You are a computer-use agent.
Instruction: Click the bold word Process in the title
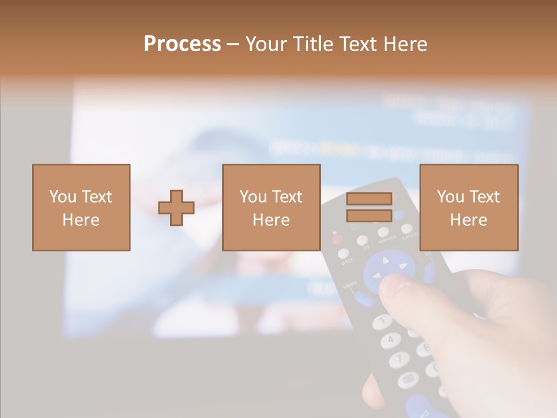(x=182, y=44)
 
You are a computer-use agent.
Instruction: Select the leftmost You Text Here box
(x=81, y=207)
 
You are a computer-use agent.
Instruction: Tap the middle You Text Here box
(x=271, y=207)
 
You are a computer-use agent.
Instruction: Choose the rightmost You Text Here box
(x=468, y=207)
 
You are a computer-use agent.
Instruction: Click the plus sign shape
(x=176, y=207)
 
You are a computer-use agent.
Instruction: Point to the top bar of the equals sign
(x=369, y=199)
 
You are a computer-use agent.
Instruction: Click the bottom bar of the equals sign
(x=369, y=215)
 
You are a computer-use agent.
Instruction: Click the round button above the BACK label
(x=344, y=253)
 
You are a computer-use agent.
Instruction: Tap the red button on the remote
(x=336, y=238)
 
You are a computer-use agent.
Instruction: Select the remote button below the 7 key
(x=407, y=380)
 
